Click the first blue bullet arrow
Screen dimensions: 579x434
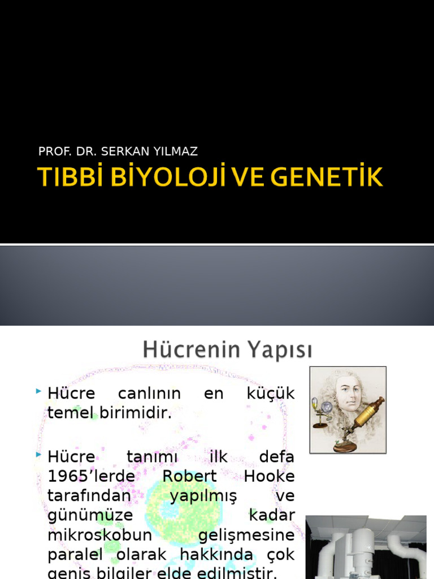[38, 391]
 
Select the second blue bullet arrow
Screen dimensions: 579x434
[38, 455]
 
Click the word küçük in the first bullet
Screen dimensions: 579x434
[271, 394]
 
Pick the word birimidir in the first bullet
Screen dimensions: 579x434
[136, 413]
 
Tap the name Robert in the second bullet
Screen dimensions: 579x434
[189, 476]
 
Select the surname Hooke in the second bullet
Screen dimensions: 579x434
[269, 476]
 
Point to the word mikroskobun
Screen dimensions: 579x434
[92, 535]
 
